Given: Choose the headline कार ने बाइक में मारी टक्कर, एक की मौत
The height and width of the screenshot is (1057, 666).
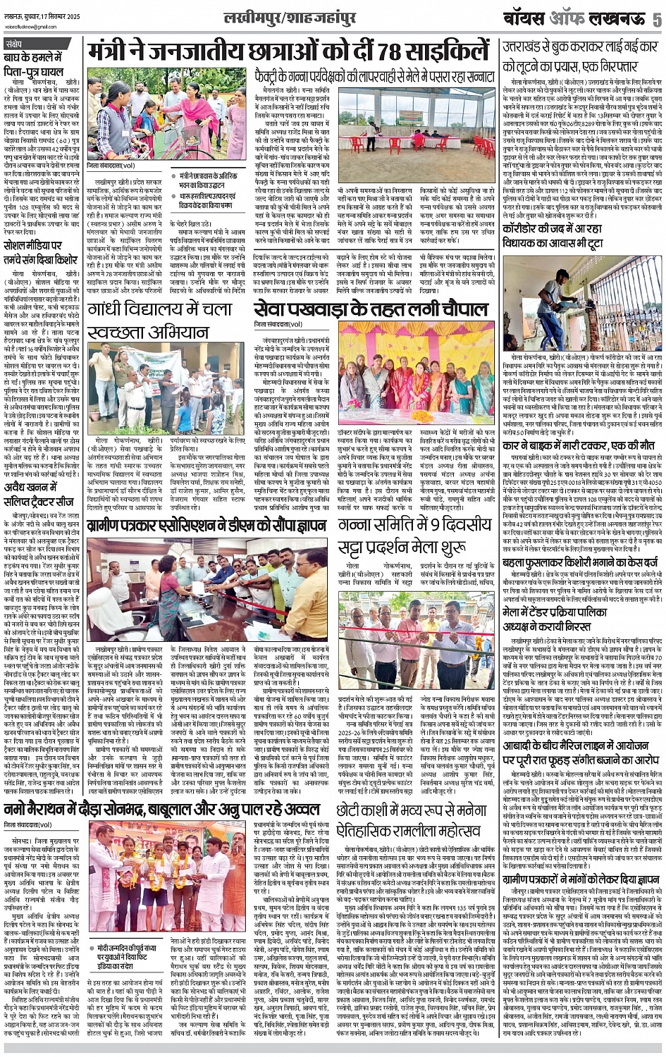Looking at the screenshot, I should pyautogui.click(x=578, y=445).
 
